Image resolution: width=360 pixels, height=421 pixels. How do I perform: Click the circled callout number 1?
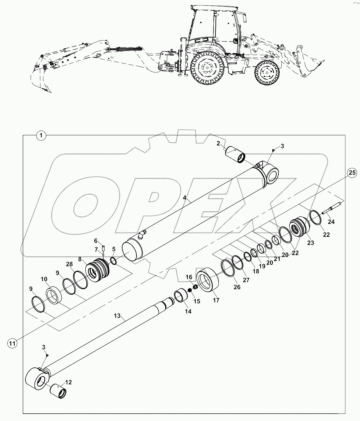pyautogui.click(x=41, y=136)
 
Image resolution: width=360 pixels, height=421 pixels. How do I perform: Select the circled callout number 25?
pyautogui.click(x=351, y=173)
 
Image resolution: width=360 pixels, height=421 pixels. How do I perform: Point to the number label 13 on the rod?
pyautogui.click(x=117, y=316)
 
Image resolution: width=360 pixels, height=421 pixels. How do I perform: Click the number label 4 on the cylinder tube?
pyautogui.click(x=184, y=198)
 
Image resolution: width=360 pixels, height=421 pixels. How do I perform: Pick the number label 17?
pyautogui.click(x=216, y=300)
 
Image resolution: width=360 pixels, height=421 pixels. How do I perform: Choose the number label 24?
pyautogui.click(x=331, y=221)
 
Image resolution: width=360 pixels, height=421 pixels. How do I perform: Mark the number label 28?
pyautogui.click(x=69, y=264)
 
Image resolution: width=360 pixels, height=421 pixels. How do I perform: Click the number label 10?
pyautogui.click(x=44, y=279)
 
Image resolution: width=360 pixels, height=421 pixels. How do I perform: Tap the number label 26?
pyautogui.click(x=237, y=287)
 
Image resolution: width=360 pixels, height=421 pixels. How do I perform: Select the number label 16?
pyautogui.click(x=189, y=277)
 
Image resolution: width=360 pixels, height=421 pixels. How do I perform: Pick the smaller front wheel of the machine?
pyautogui.click(x=266, y=72)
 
